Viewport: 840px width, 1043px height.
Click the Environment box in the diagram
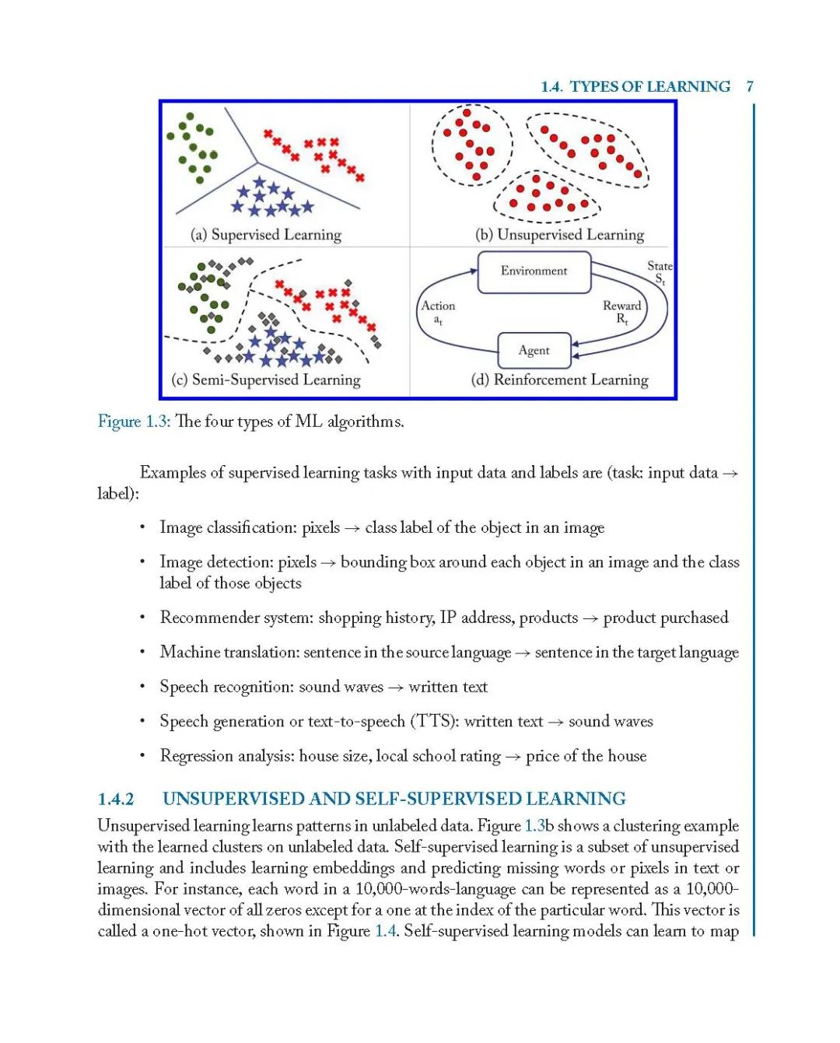(x=534, y=271)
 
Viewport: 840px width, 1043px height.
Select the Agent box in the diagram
(x=534, y=351)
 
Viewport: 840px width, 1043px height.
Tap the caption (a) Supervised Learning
(x=266, y=235)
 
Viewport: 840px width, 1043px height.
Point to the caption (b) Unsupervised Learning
(x=559, y=235)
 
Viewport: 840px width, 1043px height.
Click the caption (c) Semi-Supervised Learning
(x=266, y=380)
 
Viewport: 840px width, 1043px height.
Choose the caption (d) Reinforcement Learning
(x=559, y=380)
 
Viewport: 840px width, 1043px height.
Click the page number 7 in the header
(x=750, y=86)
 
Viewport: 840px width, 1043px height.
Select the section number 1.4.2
(x=116, y=799)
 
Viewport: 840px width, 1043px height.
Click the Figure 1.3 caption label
(x=133, y=422)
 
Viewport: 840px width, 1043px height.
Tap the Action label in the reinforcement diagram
(x=438, y=306)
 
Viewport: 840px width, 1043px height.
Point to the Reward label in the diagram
(x=621, y=306)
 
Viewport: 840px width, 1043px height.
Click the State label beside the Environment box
(x=660, y=267)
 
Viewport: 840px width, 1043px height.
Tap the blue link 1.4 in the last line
(x=386, y=931)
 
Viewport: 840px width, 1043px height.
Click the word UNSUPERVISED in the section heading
(x=233, y=799)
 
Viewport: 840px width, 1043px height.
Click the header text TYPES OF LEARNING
(x=650, y=86)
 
